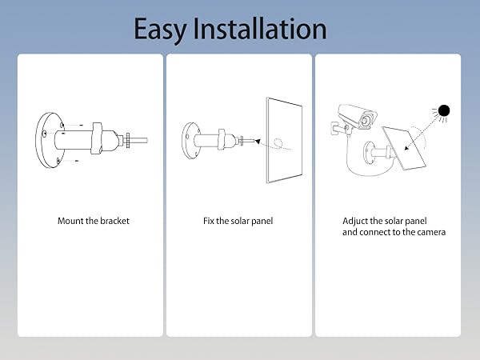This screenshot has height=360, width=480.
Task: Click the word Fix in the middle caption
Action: point(210,221)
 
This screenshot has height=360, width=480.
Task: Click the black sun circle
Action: point(444,111)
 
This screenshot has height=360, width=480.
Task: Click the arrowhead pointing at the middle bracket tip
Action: point(246,141)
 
